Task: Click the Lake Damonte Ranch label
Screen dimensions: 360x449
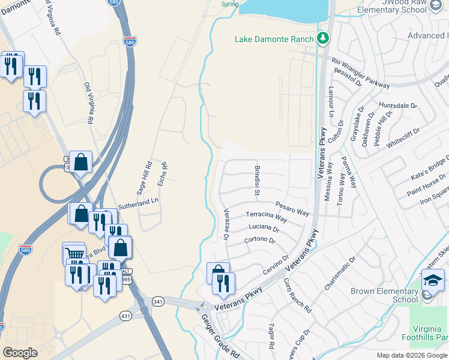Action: [274, 40]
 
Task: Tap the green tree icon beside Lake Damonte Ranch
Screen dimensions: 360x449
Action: [324, 39]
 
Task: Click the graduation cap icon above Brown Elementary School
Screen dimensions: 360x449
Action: [432, 280]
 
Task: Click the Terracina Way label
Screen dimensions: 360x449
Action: [267, 217]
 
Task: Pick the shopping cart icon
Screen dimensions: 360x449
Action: [74, 254]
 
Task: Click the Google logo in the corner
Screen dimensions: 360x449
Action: [20, 353]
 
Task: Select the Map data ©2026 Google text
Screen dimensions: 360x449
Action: [411, 355]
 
